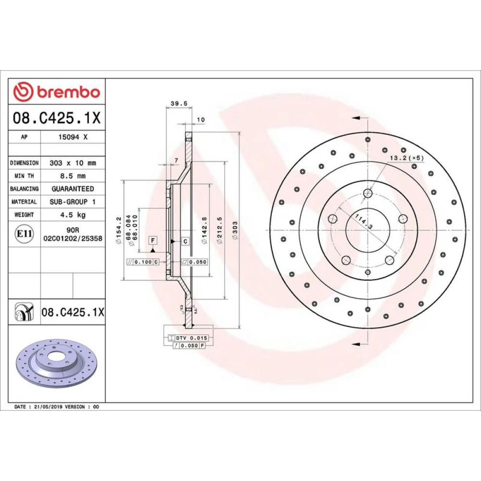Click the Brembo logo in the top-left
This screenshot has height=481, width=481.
tap(57, 92)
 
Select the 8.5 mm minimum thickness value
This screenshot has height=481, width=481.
tap(73, 176)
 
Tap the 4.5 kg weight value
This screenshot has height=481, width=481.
tap(73, 215)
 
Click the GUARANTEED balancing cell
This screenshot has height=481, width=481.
tap(73, 189)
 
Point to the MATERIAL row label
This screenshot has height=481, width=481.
tap(24, 202)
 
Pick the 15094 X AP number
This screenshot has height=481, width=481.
tap(73, 137)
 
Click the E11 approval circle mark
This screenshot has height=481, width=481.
tap(24, 234)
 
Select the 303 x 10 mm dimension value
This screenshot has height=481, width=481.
tap(73, 163)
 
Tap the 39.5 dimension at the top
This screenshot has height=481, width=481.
tap(179, 104)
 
